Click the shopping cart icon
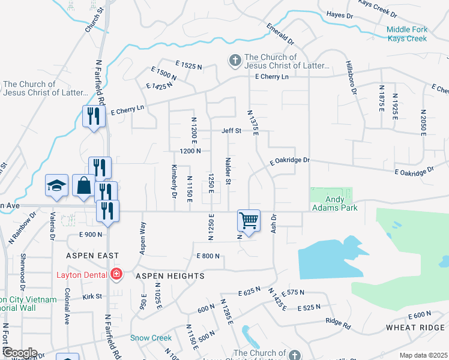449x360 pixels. tap(249, 220)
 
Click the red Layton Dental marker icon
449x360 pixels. tap(116, 275)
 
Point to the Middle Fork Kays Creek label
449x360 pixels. tap(406, 34)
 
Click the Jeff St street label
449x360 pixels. tap(231, 131)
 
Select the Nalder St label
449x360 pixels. tap(228, 172)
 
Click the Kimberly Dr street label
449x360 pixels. tap(174, 182)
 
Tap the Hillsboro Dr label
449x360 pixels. tap(351, 76)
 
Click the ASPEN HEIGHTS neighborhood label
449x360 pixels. tap(170, 276)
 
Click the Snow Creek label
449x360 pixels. tap(151, 338)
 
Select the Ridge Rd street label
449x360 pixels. tap(338, 323)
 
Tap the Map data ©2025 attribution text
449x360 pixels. tap(423, 355)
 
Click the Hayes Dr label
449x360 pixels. tap(339, 14)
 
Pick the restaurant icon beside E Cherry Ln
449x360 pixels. tap(93, 116)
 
